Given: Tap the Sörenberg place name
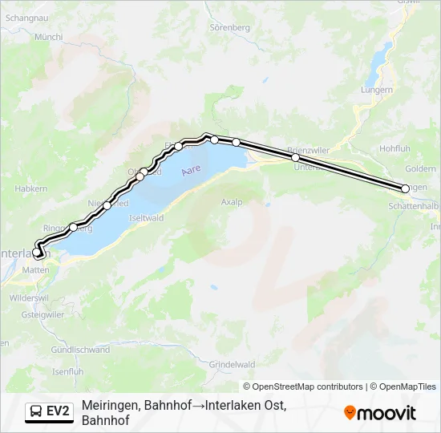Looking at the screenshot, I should [x=229, y=26].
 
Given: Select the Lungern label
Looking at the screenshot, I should [x=376, y=90].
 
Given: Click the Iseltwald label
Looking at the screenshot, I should [x=147, y=217].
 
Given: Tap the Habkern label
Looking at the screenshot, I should [x=31, y=188].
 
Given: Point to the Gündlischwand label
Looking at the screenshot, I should [x=80, y=350].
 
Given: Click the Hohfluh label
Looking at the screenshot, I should [x=394, y=148].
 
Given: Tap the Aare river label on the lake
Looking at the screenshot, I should [x=190, y=171].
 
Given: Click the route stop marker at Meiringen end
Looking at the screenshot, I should [x=405, y=188].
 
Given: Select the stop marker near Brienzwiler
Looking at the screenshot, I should [x=296, y=157].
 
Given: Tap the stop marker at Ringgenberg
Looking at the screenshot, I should [x=73, y=227].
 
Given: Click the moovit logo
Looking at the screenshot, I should [x=380, y=413].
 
